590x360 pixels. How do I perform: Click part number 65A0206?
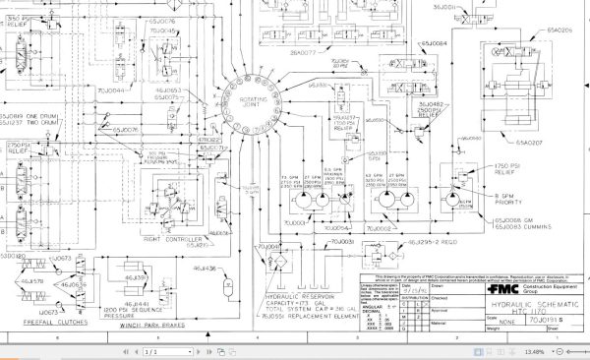[560, 30]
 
